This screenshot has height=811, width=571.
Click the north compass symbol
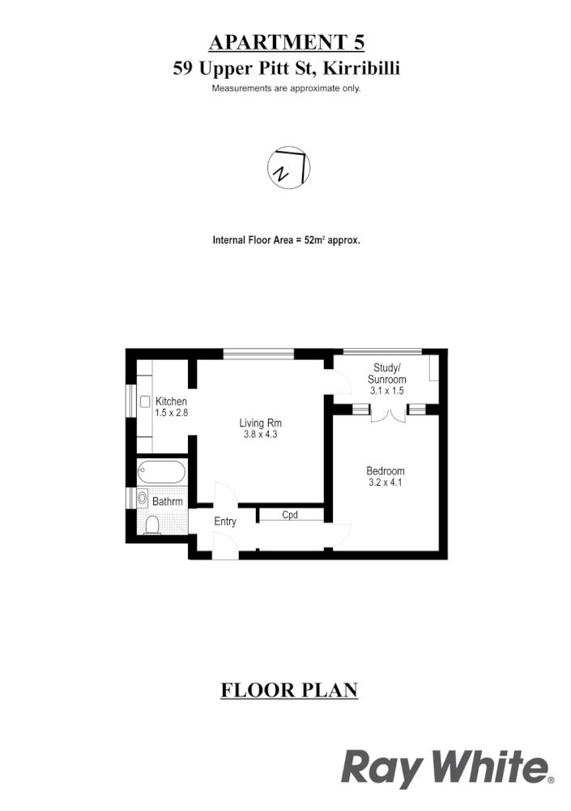coord(289,169)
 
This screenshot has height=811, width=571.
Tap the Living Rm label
coord(260,423)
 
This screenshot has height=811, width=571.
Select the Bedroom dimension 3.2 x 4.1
coord(385,483)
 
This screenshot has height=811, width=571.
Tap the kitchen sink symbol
coord(145,401)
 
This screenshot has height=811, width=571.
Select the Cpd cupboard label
coord(290,514)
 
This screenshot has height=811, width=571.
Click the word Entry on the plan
coord(225,521)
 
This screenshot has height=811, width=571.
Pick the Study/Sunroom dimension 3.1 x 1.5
coord(386,391)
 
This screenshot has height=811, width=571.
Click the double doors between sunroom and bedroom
coord(386,414)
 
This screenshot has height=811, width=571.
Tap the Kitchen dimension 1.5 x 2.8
coord(171,413)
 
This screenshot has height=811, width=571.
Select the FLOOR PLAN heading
coord(289,691)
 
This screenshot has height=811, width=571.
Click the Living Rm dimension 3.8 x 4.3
coord(260,435)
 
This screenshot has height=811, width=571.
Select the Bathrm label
coord(168,502)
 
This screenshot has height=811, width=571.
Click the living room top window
coord(259,352)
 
